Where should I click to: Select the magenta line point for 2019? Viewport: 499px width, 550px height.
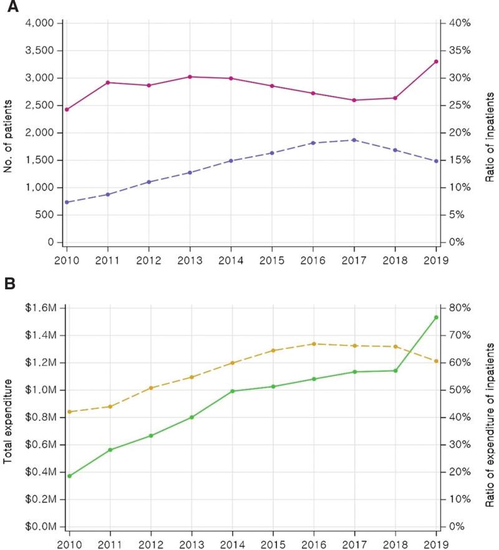(x=436, y=61)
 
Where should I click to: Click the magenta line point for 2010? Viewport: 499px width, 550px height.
(x=67, y=109)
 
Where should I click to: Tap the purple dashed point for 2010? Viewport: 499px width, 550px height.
(x=67, y=202)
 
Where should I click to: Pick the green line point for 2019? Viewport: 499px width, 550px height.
(x=436, y=317)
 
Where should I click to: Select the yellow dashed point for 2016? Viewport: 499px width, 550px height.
(x=313, y=344)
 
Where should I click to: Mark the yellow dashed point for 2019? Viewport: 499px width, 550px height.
(x=436, y=361)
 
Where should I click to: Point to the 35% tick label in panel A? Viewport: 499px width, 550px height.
(x=459, y=51)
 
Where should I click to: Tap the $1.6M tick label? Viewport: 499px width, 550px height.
(x=42, y=308)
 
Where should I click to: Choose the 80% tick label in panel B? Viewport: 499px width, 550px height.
(x=459, y=308)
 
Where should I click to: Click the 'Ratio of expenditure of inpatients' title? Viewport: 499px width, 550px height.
(x=490, y=417)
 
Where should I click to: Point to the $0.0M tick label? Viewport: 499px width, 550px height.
(x=42, y=527)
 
